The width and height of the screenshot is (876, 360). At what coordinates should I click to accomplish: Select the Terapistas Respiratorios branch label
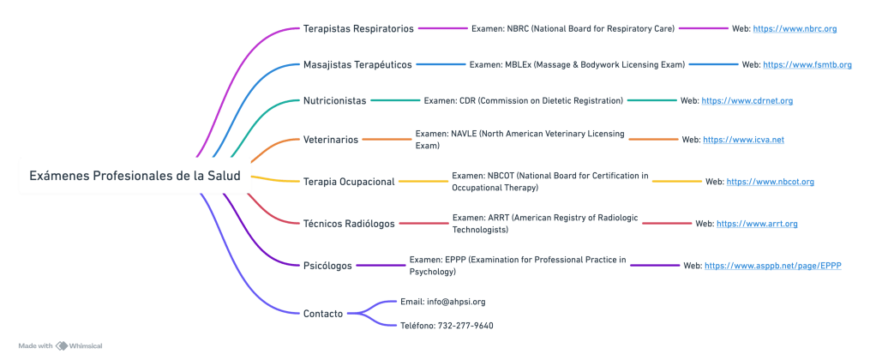coord(358,28)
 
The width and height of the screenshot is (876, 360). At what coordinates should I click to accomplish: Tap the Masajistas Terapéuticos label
coord(357,64)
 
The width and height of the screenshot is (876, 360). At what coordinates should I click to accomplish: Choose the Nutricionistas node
coord(334,100)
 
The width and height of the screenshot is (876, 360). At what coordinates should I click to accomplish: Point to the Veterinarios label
coord(331,139)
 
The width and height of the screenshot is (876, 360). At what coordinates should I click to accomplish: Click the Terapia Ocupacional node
coord(349,181)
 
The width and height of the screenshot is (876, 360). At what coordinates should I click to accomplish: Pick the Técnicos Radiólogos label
coord(349,223)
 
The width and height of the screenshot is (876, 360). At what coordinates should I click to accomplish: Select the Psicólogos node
coord(327,266)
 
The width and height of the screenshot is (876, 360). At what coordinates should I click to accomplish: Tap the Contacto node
coord(323,313)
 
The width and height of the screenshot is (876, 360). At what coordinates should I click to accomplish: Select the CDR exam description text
coord(523,100)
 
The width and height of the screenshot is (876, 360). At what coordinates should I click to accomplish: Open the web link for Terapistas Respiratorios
coord(795,28)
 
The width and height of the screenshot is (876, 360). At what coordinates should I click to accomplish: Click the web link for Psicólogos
coord(772,266)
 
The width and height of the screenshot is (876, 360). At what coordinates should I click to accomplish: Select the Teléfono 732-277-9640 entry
coord(447,326)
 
